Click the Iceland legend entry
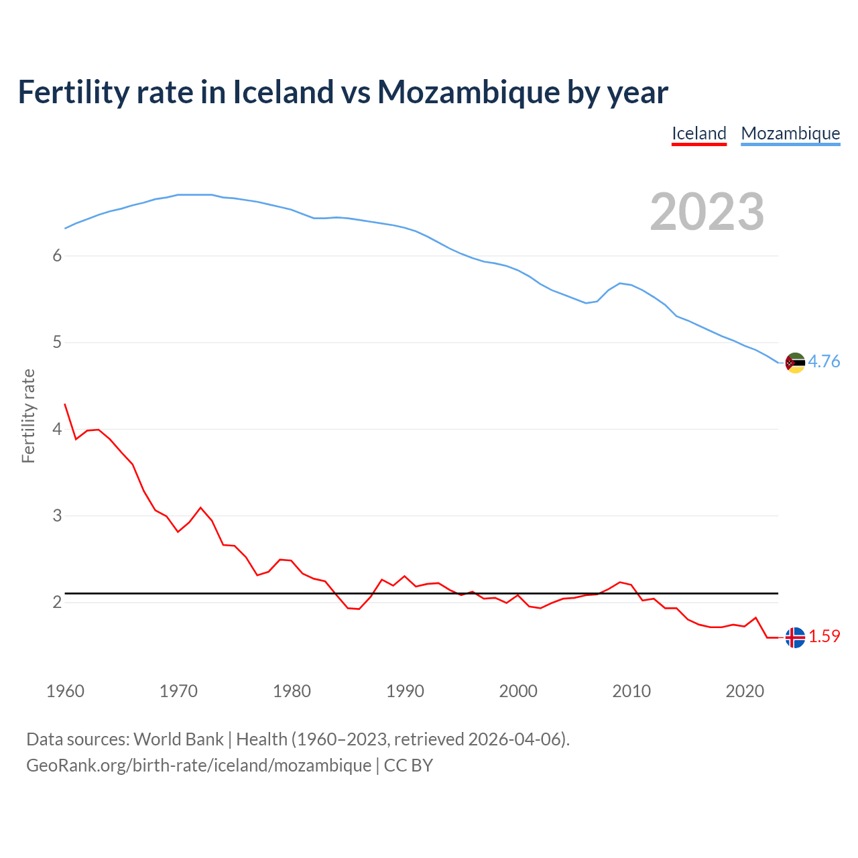[699, 133]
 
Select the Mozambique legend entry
[790, 133]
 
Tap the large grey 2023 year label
[707, 212]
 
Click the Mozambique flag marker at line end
[795, 363]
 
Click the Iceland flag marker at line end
[795, 637]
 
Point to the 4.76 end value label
[824, 362]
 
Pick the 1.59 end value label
[824, 637]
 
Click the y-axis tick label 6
[57, 256]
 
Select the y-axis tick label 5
[57, 343]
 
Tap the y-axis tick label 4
[57, 429]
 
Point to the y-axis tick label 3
[57, 516]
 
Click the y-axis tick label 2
[57, 603]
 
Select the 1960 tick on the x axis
[65, 691]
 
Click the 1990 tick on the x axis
[405, 691]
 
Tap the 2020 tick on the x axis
[745, 691]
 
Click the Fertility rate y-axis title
[28, 416]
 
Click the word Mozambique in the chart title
[468, 93]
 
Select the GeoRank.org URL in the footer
[198, 765]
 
